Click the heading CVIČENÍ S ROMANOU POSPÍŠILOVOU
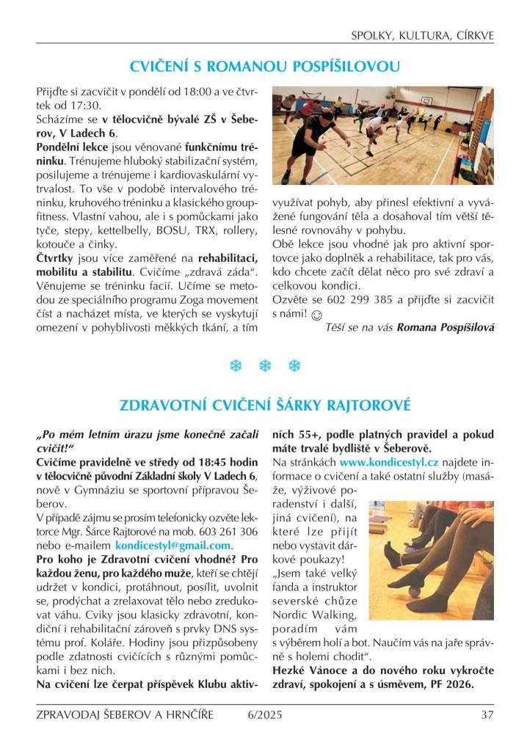264,67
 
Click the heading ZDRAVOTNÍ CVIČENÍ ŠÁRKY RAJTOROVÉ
264,404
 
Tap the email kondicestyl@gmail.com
173,546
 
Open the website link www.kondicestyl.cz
388,463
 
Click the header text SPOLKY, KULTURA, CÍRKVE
422,34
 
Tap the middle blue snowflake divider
264,365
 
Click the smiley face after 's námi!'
316,315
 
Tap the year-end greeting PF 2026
449,685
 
